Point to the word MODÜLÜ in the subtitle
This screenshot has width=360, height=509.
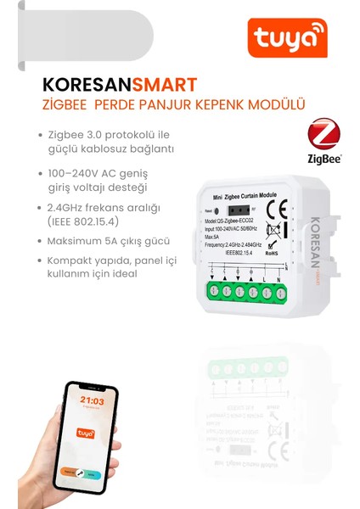[278, 104]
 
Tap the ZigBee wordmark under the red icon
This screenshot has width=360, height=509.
[324, 159]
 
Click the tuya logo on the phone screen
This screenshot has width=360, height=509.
[85, 433]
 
